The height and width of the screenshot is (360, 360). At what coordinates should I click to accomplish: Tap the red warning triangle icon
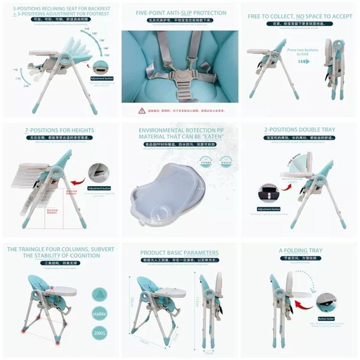140,111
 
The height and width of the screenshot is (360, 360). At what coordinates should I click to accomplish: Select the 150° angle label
107,55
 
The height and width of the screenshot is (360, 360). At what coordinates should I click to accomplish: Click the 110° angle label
87,28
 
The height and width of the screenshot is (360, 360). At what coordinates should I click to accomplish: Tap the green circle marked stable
99,314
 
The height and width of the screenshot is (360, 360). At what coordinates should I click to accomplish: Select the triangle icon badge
99,294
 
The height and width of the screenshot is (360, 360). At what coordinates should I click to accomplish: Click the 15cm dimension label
208,353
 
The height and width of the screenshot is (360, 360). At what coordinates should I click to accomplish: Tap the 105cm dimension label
132,299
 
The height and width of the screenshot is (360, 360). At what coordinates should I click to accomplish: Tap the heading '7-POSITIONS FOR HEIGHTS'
60,130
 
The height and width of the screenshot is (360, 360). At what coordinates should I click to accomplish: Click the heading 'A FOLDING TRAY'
301,251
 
